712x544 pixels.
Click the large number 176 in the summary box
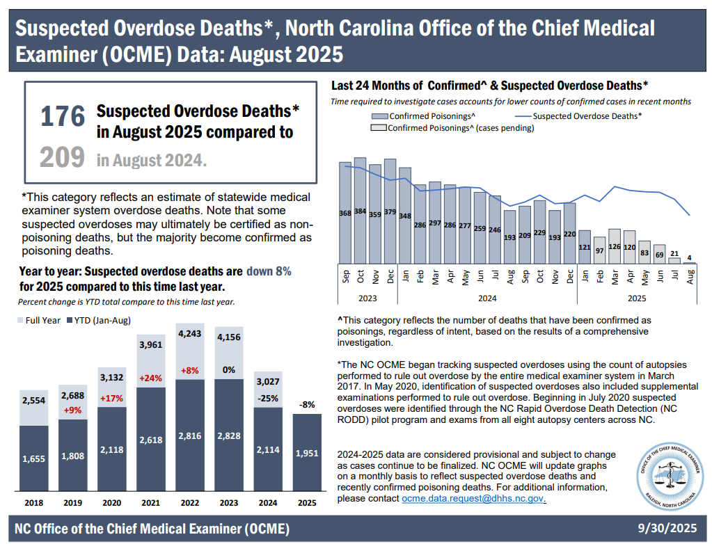point(63,117)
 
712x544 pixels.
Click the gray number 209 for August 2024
point(62,157)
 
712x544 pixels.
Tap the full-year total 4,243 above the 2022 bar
point(190,333)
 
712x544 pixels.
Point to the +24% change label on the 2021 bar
point(151,379)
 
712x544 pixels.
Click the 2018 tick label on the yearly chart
point(33,502)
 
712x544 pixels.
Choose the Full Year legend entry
point(38,320)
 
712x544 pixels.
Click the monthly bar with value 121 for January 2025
point(585,248)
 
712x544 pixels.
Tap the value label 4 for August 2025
point(690,259)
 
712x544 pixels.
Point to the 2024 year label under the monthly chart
point(486,298)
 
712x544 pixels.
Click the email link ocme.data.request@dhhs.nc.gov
point(473,499)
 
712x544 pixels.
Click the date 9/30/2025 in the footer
point(667,529)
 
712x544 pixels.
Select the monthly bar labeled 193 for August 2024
point(510,237)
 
